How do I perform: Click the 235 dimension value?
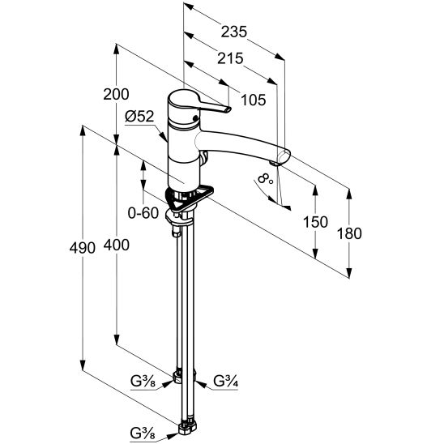[x=234, y=32]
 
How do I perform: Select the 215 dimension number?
[x=230, y=58]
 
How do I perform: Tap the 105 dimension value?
[x=254, y=100]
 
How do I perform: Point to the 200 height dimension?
[x=116, y=94]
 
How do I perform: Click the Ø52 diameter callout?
[x=139, y=117]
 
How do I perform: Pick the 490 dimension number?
[x=83, y=248]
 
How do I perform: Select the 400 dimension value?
[x=117, y=245]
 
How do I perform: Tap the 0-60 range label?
[x=143, y=212]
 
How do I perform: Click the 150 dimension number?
[x=315, y=222]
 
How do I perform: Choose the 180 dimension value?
[x=349, y=234]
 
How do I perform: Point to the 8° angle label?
[x=266, y=179]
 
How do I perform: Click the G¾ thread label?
[x=226, y=381]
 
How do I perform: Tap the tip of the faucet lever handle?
[x=228, y=109]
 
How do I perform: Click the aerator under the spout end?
[x=274, y=164]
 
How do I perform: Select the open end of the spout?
[x=284, y=156]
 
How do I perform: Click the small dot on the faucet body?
[x=195, y=118]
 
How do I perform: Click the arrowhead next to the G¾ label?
[x=200, y=384]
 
